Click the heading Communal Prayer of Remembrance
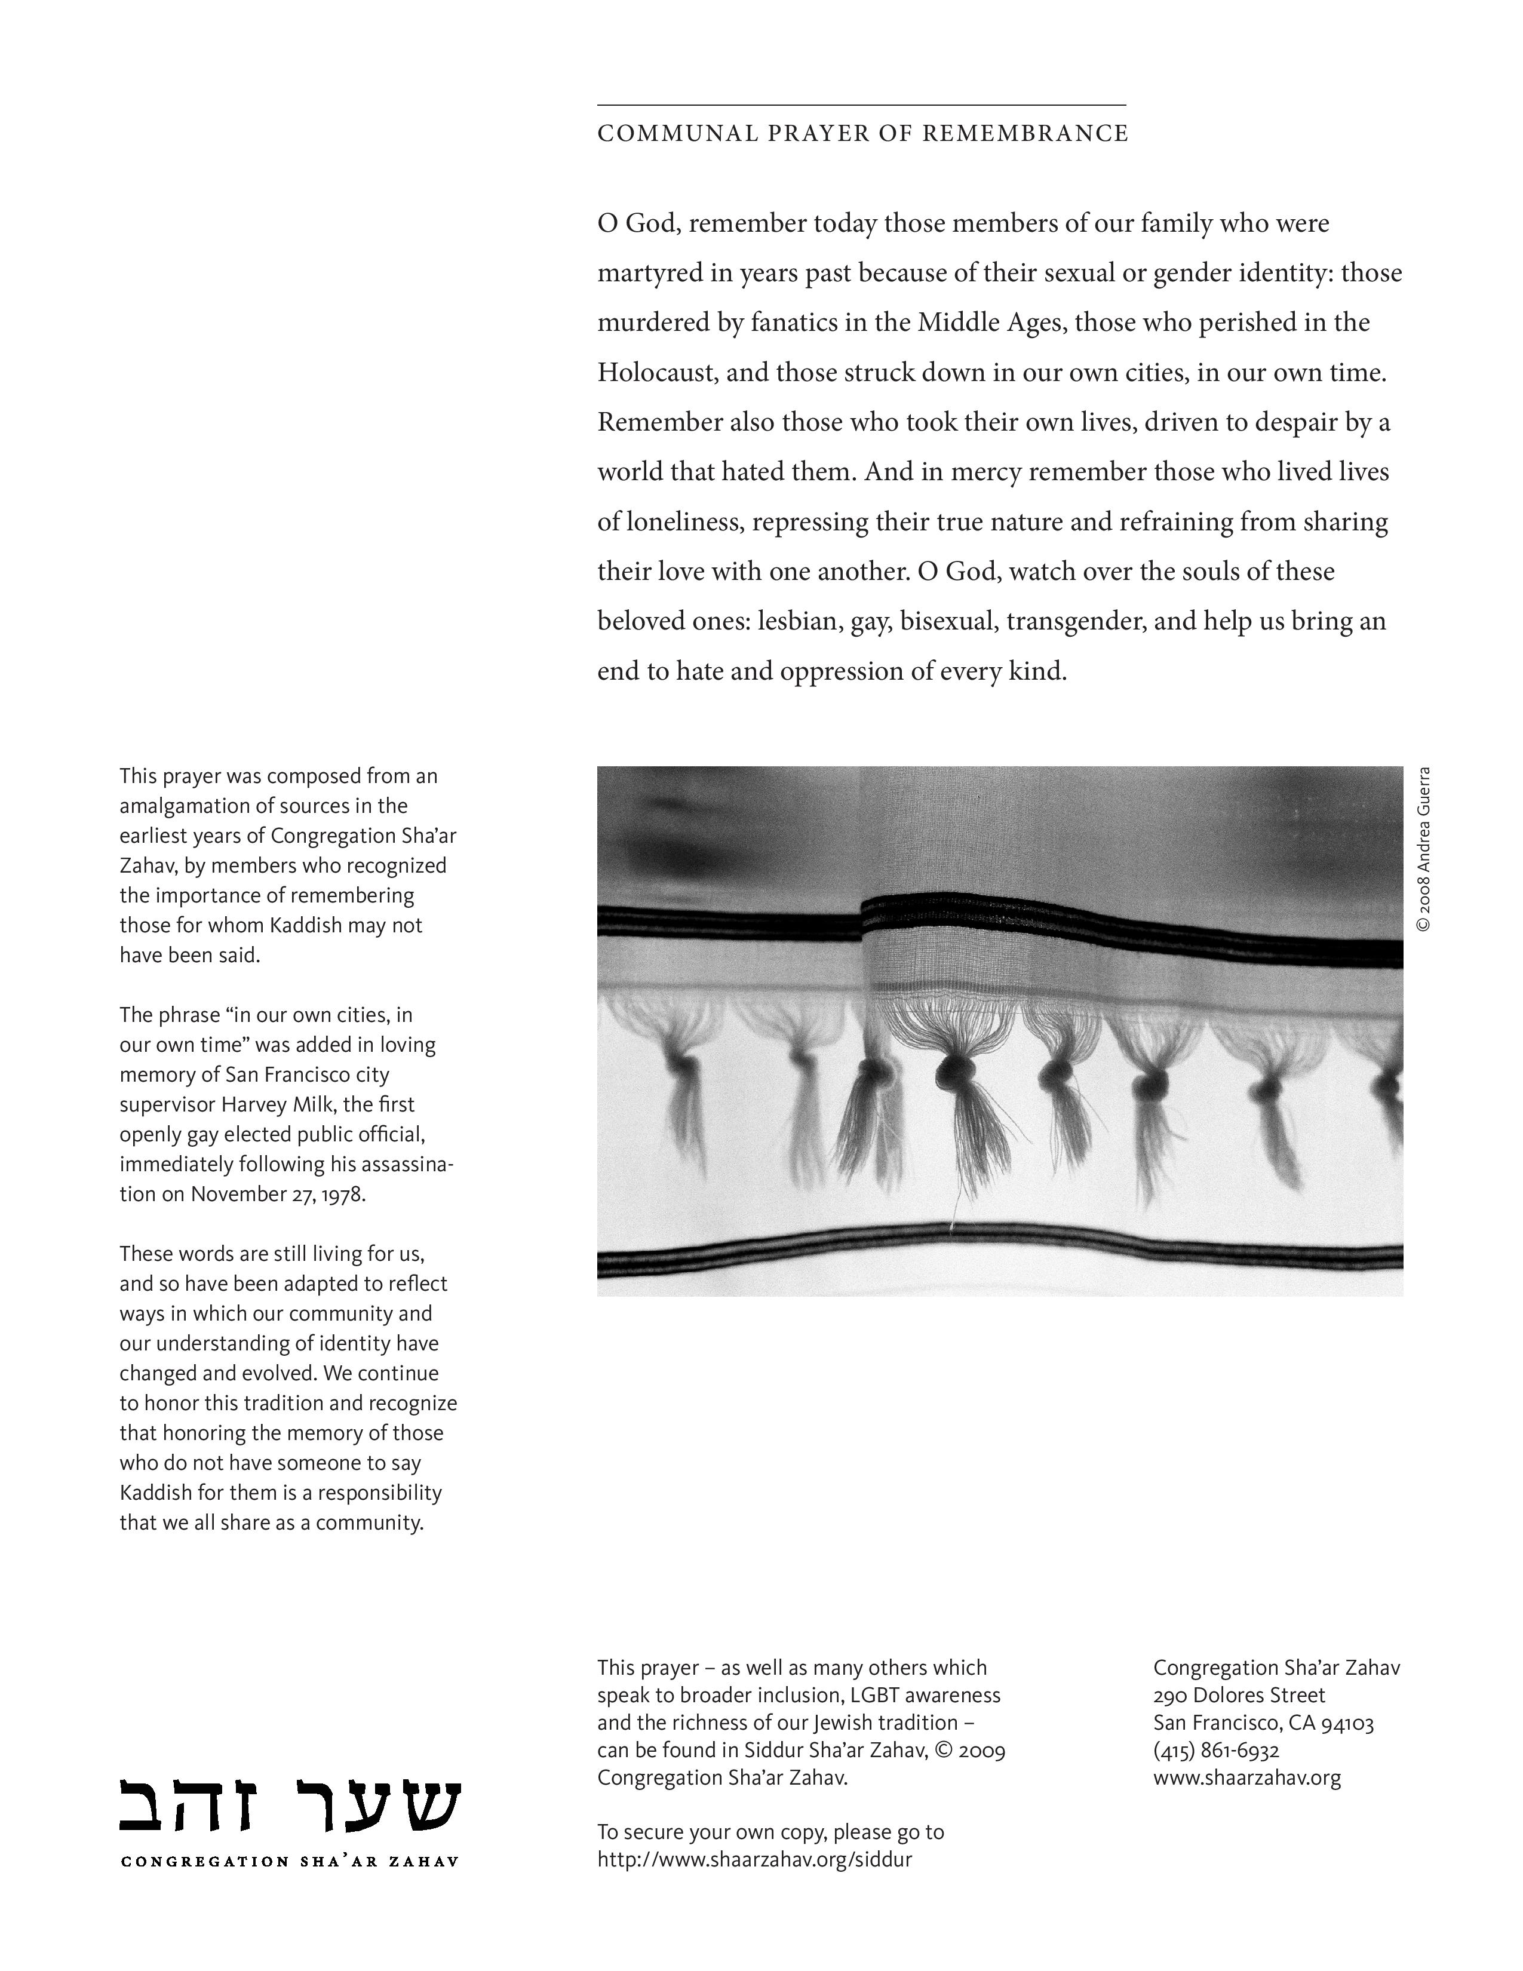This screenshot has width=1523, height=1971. [x=862, y=134]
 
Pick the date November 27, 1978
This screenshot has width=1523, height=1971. [x=278, y=1193]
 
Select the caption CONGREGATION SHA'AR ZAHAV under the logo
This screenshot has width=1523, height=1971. [x=290, y=1861]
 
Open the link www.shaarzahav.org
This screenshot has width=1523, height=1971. [x=1246, y=1778]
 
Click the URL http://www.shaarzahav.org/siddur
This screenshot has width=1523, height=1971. [x=754, y=1859]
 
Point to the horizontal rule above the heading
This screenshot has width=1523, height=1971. [x=862, y=106]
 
